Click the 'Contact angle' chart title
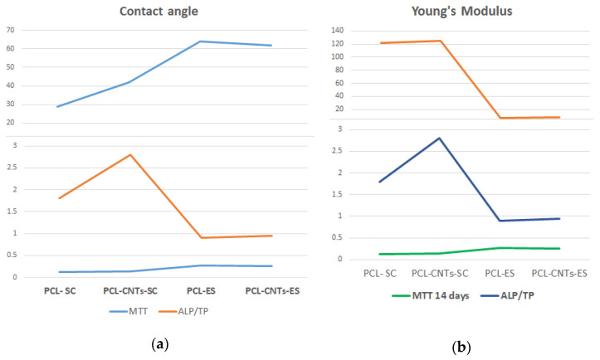coord(159,11)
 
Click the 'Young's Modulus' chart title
coord(462,11)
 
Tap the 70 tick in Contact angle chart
coord(10,30)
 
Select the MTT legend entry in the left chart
coord(129,311)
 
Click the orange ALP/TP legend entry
coord(183,311)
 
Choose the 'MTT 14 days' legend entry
coord(431,296)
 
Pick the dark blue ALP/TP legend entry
coord(507,296)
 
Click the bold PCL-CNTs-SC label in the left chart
coord(130,291)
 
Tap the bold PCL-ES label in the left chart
coord(201,291)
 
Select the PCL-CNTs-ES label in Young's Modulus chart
coord(559,274)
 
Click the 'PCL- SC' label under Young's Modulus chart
coord(380,274)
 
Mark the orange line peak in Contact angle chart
coord(130,154)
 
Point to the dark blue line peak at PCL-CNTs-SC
coord(440,138)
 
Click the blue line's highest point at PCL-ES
coord(201,41)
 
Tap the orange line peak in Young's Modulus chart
coord(440,41)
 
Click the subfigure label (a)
coord(160,344)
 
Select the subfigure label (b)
coord(461,348)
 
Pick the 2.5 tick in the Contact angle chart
coord(15,168)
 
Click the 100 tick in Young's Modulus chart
coord(338,57)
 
